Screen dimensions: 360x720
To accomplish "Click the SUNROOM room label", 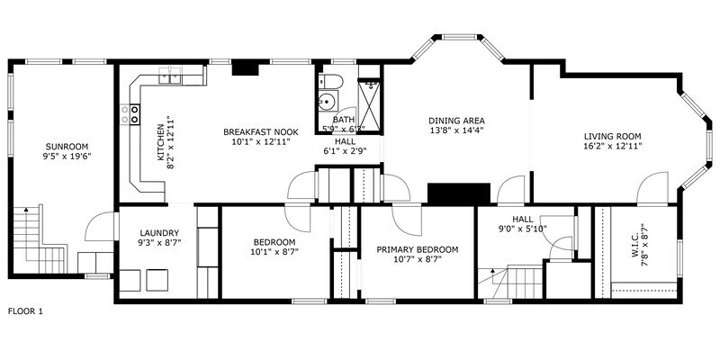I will pos(67,146).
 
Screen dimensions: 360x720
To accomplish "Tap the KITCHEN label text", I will pos(162,141).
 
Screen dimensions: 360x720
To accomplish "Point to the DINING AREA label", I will pos(456,120).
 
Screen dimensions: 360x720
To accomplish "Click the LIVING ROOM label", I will pos(613,135).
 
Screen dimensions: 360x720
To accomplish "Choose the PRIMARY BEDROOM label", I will pos(417,249).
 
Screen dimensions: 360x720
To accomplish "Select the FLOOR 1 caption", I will pos(25,311).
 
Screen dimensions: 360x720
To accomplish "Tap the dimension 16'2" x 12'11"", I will pos(613,145).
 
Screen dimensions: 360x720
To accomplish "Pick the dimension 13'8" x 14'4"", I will pos(456,130).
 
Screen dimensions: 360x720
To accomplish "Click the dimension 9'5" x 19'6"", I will pos(67,156).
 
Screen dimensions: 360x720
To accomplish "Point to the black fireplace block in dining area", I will pos(457,194).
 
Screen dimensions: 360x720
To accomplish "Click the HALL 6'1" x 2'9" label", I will pos(345,147).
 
